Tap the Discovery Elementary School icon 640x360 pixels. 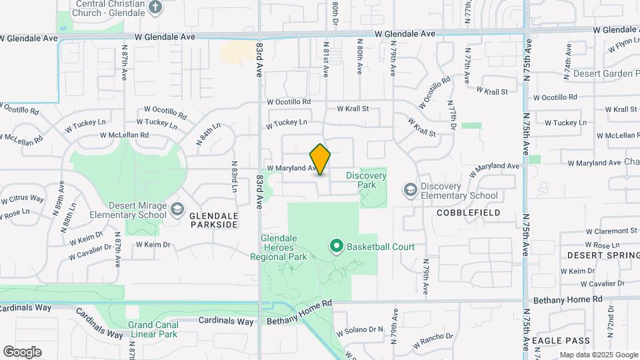coord(410,191)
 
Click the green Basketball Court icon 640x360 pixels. coord(337,247)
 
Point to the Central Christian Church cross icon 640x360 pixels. coord(155,8)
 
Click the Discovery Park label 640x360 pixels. coord(366,176)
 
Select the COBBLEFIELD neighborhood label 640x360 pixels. coord(467,212)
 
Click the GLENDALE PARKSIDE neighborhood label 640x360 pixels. coord(213,221)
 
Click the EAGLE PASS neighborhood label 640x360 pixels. coord(561,341)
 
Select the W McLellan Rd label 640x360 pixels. coord(124,135)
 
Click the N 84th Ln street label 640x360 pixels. coord(208,135)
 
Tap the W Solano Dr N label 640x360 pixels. coord(360,330)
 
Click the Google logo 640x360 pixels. coord(22,352)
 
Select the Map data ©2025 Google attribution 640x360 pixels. coord(598,355)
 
